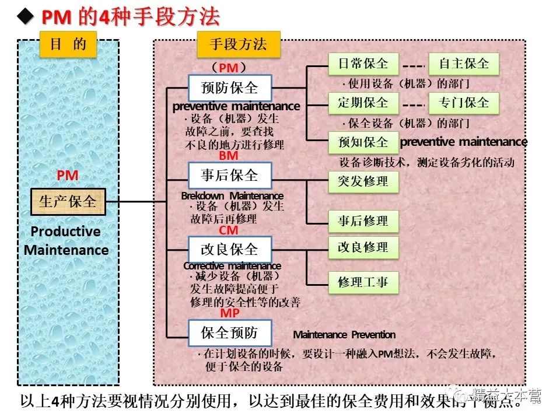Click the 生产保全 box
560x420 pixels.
[x=68, y=202]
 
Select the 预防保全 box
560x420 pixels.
[x=229, y=88]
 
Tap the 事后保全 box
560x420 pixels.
[x=229, y=175]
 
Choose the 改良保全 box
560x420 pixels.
[x=229, y=249]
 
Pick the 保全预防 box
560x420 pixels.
[x=229, y=333]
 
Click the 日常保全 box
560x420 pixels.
[x=363, y=64]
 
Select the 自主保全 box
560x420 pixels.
[x=464, y=64]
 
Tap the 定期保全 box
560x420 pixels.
[x=363, y=103]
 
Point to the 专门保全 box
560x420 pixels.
[x=464, y=103]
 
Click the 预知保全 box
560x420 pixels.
[x=363, y=142]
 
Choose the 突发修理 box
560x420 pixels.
[x=363, y=181]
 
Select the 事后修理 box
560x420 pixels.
[x=363, y=221]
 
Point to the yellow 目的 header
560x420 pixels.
[x=68, y=44]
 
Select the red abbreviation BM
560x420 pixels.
[x=229, y=156]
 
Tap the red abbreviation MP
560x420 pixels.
[x=229, y=313]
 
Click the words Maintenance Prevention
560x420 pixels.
[x=344, y=335]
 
